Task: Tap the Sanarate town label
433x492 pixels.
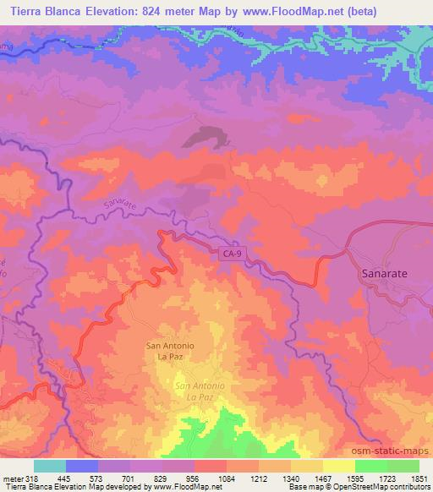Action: (379, 275)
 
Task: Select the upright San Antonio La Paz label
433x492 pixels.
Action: (171, 352)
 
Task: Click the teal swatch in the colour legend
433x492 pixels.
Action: (50, 466)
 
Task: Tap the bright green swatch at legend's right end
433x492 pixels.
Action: (403, 466)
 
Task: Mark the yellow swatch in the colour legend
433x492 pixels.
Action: (338, 466)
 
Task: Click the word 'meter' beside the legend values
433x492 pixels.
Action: (12, 478)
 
